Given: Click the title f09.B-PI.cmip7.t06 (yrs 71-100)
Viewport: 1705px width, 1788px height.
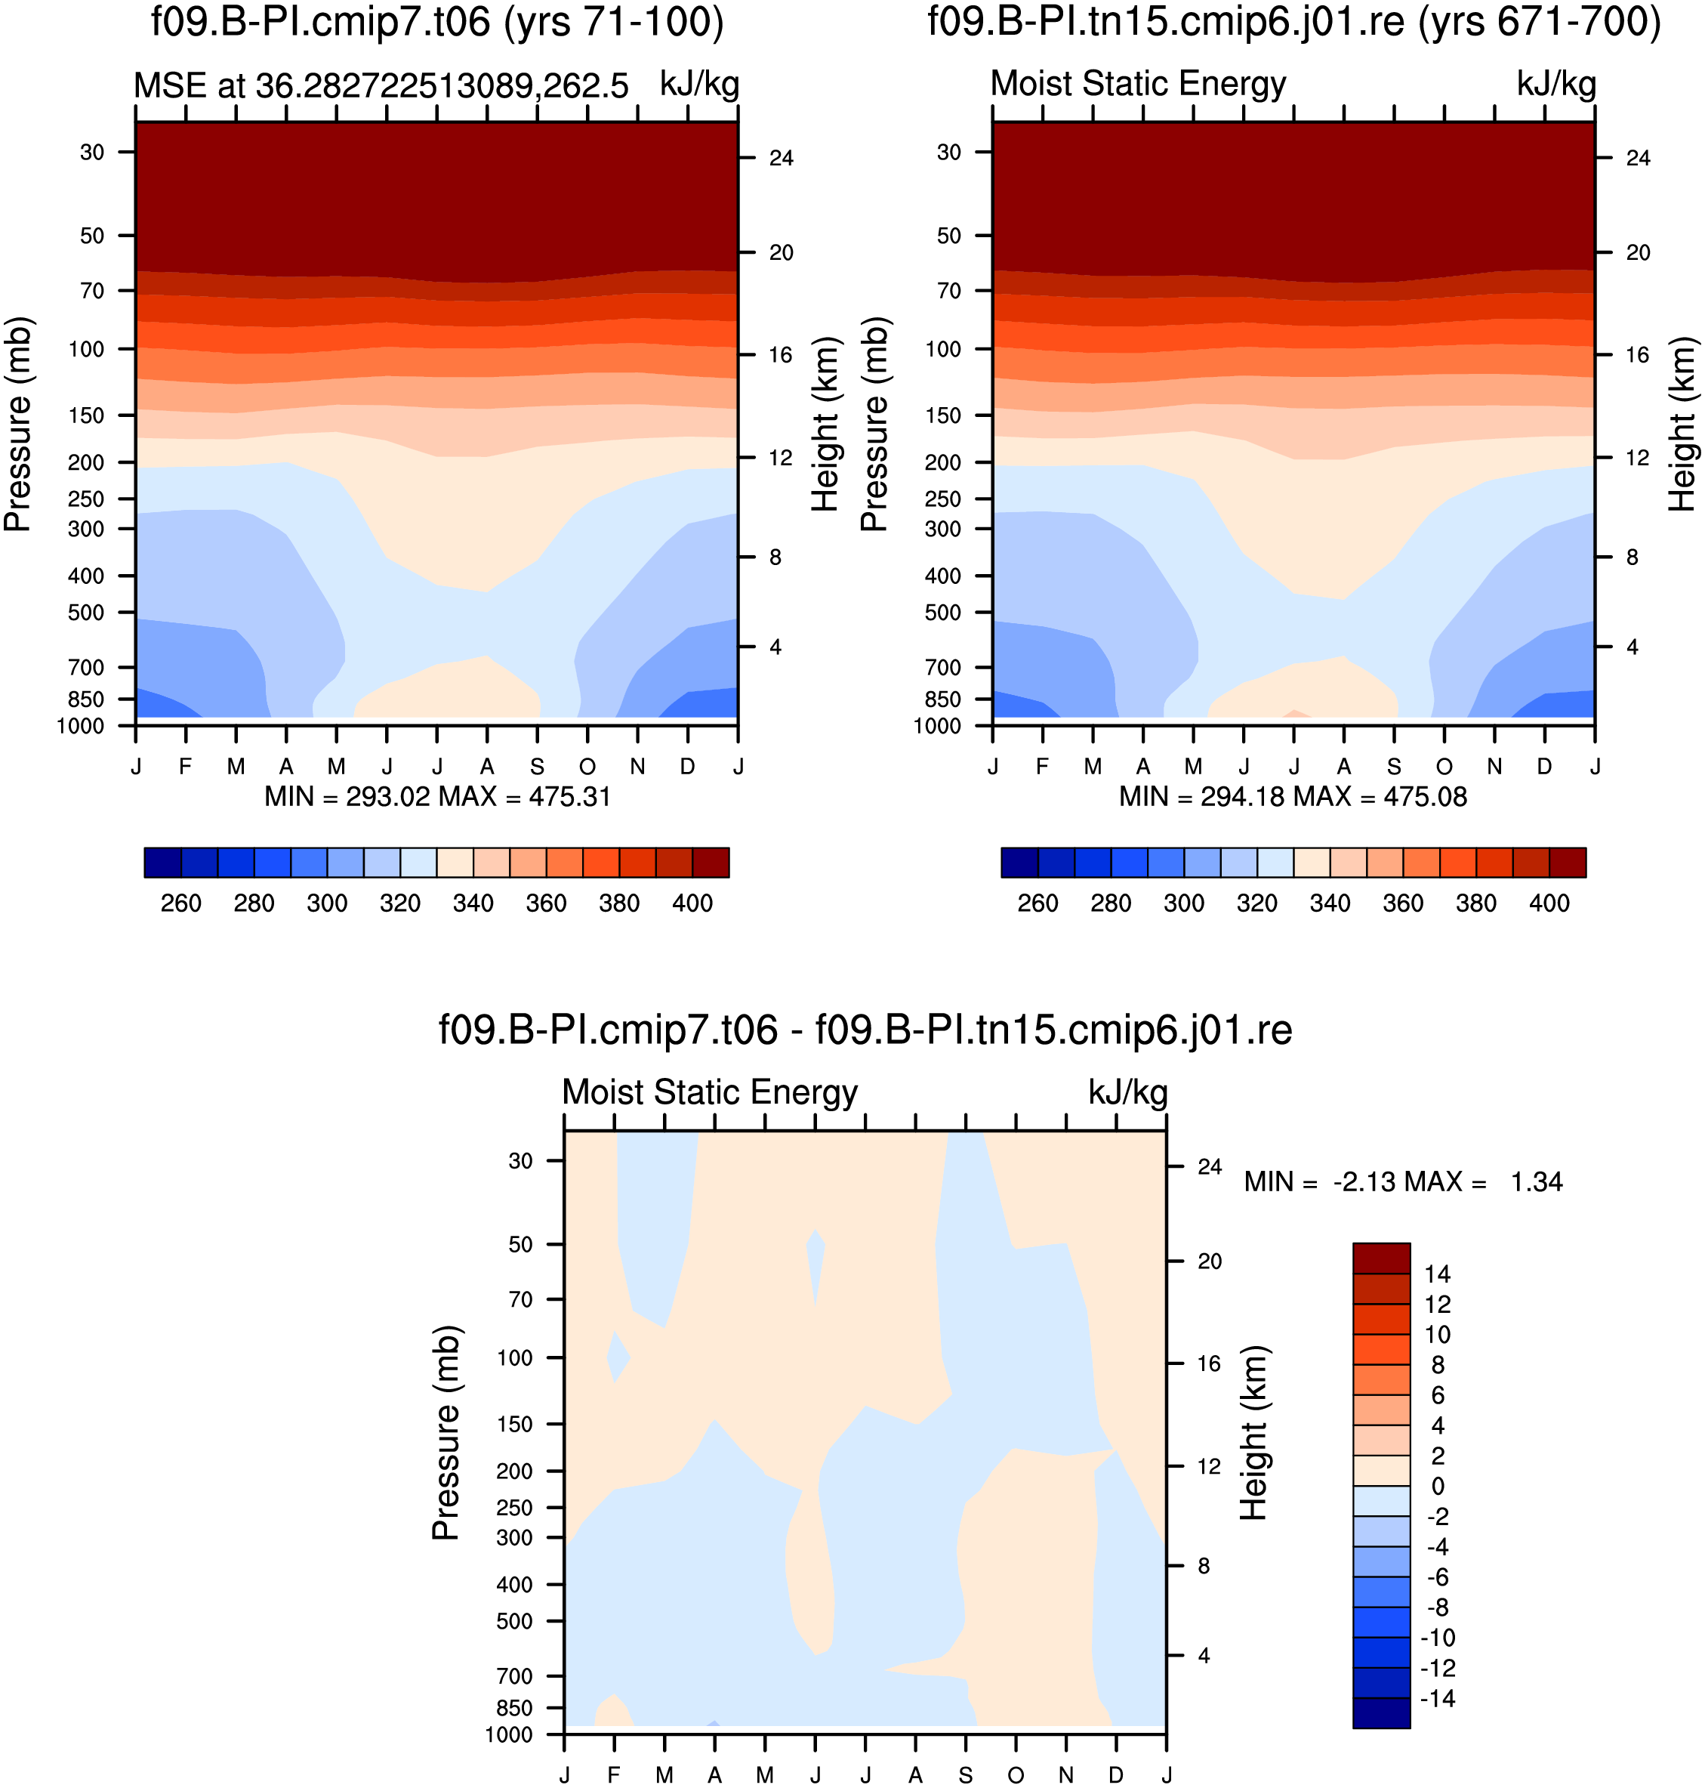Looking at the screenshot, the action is click(437, 22).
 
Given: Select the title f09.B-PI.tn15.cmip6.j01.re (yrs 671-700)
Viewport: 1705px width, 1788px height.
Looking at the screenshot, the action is click(1294, 22).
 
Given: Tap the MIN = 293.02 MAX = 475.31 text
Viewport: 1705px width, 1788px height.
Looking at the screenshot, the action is click(437, 797).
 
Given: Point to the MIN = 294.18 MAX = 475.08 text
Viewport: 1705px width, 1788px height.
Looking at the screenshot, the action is click(1293, 797).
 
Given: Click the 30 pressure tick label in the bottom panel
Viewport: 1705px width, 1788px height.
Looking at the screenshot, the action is click(521, 1161).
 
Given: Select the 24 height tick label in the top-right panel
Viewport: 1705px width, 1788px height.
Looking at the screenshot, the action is click(1638, 158).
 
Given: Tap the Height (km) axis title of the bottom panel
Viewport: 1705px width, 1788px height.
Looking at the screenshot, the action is click(1254, 1432).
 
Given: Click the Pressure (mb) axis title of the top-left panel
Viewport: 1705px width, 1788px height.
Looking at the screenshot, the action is click(18, 424).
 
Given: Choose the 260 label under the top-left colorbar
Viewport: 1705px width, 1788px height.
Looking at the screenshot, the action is click(181, 903).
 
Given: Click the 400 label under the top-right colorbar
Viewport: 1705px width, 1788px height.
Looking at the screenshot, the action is click(1549, 903).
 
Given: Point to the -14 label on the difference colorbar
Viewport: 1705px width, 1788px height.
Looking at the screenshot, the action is click(1437, 1698).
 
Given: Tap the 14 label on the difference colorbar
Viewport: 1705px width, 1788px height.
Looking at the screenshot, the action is click(1437, 1274).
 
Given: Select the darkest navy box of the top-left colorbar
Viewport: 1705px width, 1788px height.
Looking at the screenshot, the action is click(162, 863).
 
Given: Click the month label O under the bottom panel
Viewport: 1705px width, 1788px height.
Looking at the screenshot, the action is click(1016, 1774).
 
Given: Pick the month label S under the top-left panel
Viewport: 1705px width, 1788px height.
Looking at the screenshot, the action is click(537, 766).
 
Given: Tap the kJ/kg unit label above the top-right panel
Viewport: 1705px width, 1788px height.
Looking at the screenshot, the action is click(1556, 84).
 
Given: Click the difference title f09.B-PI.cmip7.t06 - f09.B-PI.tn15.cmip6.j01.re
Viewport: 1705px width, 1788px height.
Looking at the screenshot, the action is click(865, 1030).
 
